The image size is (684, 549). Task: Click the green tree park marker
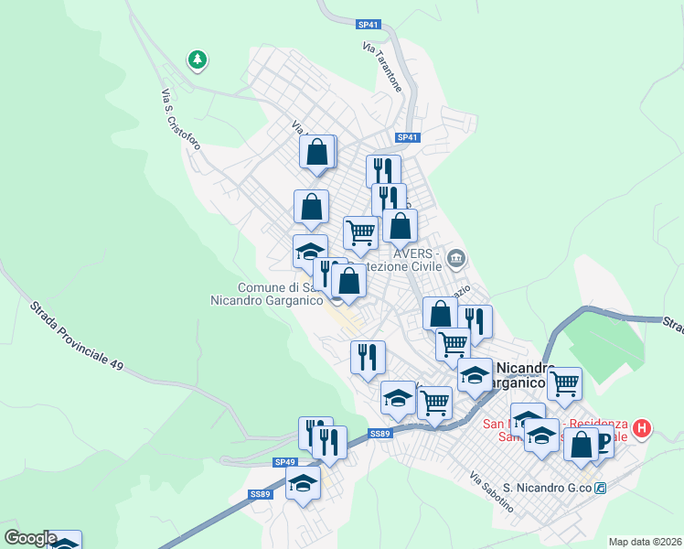197,60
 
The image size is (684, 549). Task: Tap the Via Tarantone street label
382,66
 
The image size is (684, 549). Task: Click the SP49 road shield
285,463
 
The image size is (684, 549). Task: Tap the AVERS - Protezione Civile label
417,260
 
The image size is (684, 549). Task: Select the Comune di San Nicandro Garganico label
267,293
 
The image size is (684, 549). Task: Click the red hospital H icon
643,427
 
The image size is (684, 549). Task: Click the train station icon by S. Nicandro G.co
601,489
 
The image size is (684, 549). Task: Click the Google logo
30,538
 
